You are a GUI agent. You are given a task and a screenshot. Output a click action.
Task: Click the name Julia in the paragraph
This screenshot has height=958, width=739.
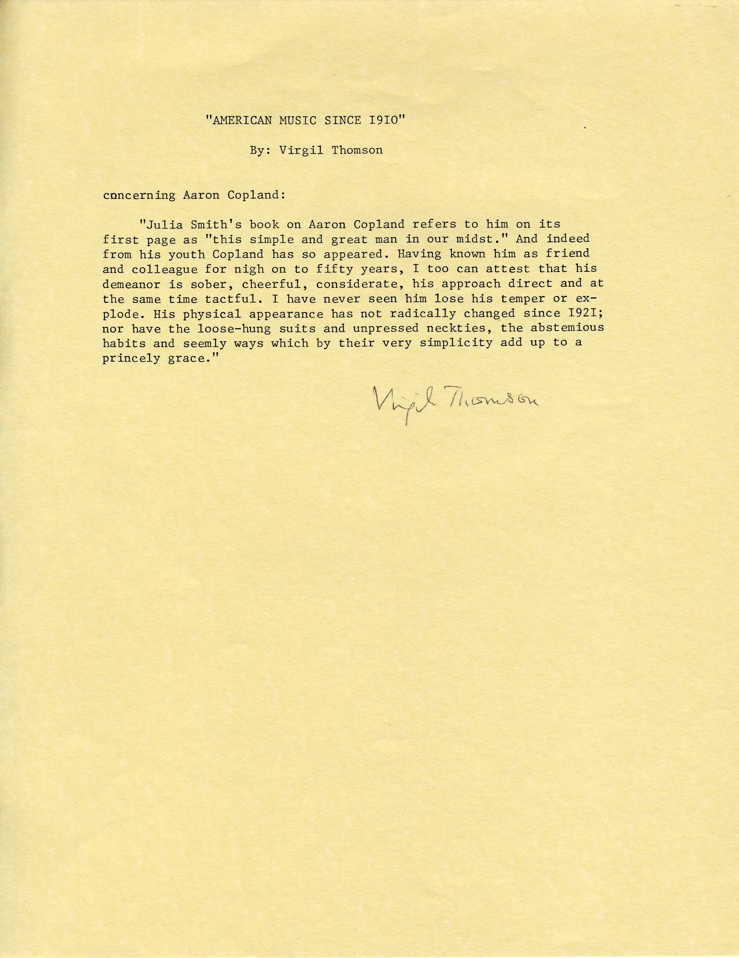pyautogui.click(x=158, y=224)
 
